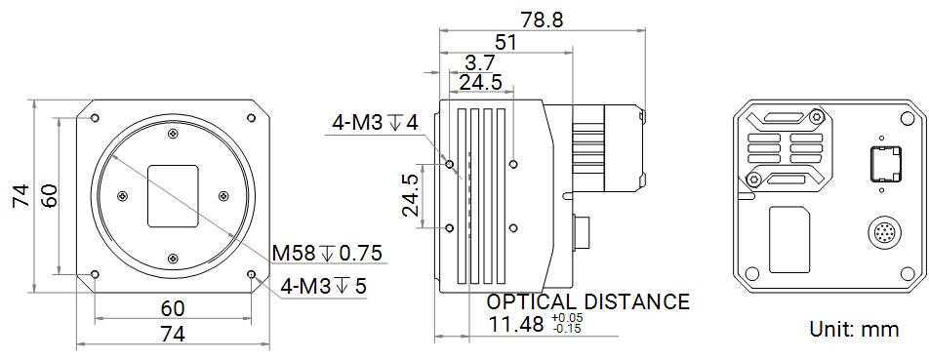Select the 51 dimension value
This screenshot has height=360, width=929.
tap(506, 42)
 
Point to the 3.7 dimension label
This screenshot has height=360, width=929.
tap(480, 62)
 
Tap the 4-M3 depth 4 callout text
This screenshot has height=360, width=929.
tap(375, 123)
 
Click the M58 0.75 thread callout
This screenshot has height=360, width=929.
tap(326, 254)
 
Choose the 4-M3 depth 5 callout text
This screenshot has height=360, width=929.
tap(324, 286)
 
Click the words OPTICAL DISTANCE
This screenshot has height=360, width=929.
tap(587, 301)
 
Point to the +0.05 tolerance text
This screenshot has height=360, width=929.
tap(567, 318)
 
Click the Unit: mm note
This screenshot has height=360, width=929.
tap(854, 330)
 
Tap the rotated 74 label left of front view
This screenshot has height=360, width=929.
tap(19, 195)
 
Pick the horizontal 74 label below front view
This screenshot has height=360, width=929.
tap(173, 334)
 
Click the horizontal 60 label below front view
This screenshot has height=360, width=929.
tap(173, 308)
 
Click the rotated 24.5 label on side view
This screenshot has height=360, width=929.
tap(410, 195)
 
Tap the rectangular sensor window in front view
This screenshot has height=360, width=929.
tap(173, 196)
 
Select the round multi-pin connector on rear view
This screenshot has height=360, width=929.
tap(884, 234)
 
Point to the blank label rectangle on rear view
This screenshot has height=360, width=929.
tap(788, 240)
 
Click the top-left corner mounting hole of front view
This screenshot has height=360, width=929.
tap(95, 118)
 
